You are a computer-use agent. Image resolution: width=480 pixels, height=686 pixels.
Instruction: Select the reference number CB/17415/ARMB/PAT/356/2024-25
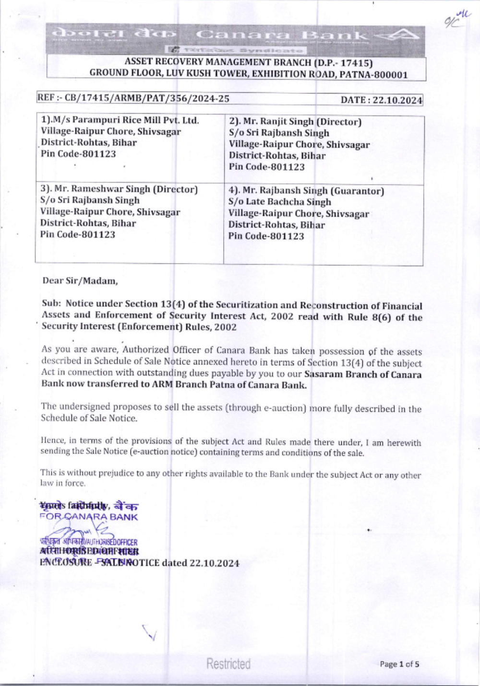coord(147,99)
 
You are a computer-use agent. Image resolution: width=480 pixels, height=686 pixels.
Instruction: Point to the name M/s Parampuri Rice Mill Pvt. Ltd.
coord(120,120)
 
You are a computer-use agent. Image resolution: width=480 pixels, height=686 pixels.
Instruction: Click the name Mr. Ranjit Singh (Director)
coord(295,122)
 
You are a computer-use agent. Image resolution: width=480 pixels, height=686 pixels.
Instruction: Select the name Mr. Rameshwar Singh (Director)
coord(119,189)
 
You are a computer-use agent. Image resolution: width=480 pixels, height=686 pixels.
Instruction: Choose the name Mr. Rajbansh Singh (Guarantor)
coord(306,191)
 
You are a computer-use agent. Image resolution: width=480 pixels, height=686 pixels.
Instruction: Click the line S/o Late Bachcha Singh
coord(280,202)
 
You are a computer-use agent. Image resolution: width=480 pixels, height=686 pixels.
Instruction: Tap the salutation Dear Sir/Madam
coord(80,280)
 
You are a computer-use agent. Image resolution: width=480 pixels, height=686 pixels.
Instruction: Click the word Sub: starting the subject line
coord(51,303)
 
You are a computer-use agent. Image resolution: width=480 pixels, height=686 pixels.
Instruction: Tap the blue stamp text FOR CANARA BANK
coord(89,517)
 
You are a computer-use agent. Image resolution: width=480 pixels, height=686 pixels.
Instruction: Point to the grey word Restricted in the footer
coord(228,664)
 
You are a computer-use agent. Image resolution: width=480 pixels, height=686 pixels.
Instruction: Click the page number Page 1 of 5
coord(399,664)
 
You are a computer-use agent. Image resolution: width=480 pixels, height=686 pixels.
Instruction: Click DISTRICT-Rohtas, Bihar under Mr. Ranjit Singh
coord(277,156)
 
